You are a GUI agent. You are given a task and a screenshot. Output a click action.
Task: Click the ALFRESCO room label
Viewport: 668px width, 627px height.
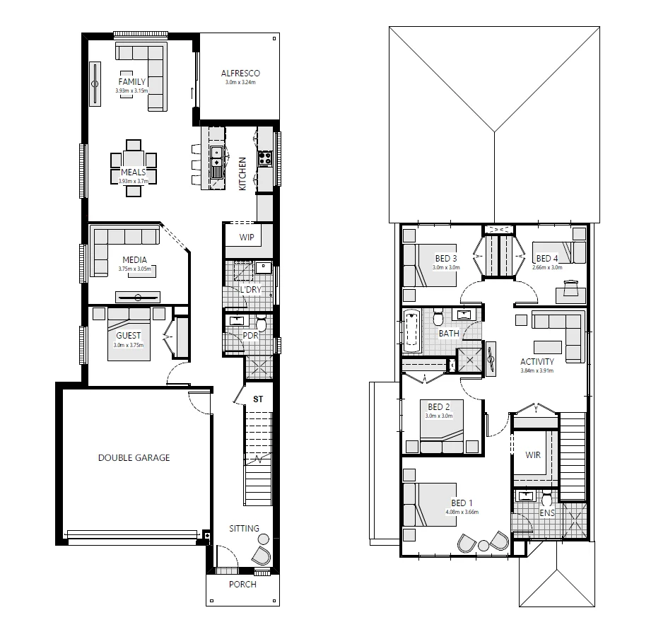coord(240,73)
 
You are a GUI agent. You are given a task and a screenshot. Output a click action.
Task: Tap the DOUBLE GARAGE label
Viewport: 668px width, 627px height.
coord(134,457)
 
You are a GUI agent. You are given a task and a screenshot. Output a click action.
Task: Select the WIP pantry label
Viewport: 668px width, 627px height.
coord(247,237)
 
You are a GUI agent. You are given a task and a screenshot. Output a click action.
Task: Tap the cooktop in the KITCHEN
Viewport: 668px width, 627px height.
coord(265,158)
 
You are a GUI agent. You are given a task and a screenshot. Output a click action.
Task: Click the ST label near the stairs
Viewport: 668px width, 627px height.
coord(258,399)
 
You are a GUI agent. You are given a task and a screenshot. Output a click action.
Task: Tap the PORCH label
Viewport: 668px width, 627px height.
coord(242,584)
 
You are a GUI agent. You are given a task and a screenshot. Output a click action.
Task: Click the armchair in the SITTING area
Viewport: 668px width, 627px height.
coord(262,554)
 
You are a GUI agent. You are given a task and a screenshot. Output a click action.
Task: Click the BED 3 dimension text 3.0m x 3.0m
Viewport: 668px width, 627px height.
coord(446,268)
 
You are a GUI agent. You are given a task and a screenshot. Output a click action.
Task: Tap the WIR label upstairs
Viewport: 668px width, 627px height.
coord(533,455)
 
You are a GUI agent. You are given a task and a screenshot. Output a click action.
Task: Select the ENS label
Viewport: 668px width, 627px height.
coord(546,512)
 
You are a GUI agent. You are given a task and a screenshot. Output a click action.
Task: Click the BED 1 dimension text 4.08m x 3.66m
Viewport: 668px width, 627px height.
coord(462,512)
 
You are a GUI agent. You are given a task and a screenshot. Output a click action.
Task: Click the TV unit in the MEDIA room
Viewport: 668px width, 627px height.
coord(137,296)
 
